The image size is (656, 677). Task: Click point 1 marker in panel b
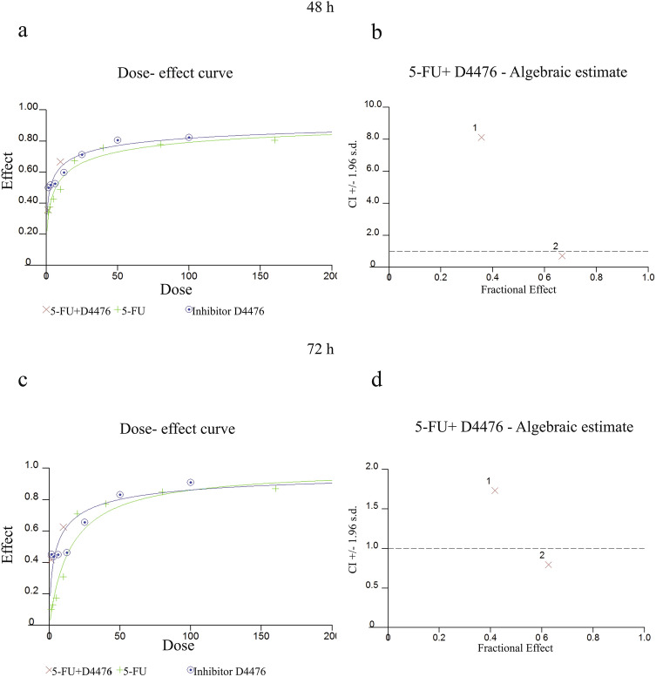coord(482,137)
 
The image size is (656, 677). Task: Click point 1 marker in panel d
coord(495,491)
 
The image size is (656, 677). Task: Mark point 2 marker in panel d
coord(549,565)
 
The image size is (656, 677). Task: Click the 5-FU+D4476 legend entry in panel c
coord(81,669)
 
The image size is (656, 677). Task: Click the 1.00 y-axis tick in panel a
coord(30,107)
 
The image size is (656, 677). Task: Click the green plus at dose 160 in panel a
coord(274,139)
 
